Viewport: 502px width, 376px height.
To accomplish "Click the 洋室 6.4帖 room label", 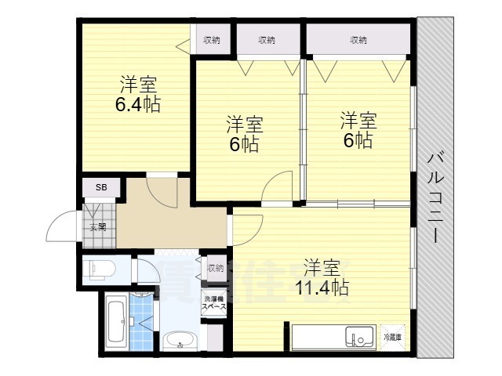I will (140, 94).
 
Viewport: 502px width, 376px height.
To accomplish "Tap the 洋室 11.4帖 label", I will (322, 277).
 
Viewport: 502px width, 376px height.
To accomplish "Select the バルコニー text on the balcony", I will (434, 196).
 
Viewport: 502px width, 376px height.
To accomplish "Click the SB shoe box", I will (101, 188).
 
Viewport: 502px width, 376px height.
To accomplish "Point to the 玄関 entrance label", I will (97, 228).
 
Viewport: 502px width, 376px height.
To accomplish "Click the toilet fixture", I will (100, 269).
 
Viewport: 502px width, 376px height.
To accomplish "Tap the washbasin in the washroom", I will (180, 341).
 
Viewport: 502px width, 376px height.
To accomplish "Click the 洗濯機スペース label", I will (214, 304).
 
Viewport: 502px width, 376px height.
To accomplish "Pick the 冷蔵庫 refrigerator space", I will (393, 337).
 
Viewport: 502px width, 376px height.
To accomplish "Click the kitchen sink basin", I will (362, 338).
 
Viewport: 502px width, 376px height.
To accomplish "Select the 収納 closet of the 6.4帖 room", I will (211, 40).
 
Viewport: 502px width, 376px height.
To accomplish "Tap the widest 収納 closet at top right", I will (358, 40).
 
